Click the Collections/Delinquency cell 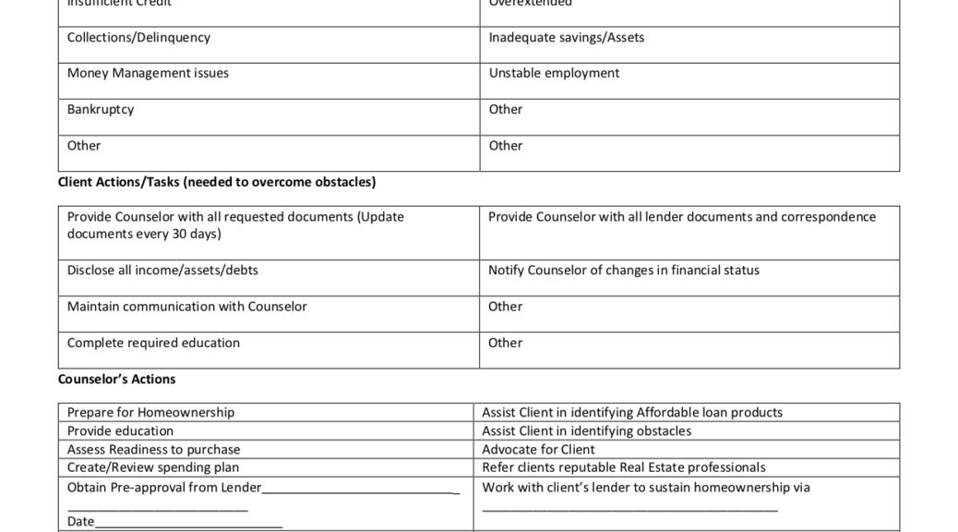pyautogui.click(x=138, y=38)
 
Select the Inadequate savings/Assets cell pyautogui.click(x=567, y=38)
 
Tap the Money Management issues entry pyautogui.click(x=148, y=74)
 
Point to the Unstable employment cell pyautogui.click(x=554, y=74)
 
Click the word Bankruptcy pyautogui.click(x=101, y=110)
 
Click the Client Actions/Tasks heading pyautogui.click(x=217, y=182)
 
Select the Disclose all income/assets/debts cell pyautogui.click(x=162, y=271)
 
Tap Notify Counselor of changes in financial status pyautogui.click(x=624, y=271)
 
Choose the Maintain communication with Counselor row pyautogui.click(x=187, y=307)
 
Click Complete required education pyautogui.click(x=153, y=344)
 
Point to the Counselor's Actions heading pyautogui.click(x=116, y=380)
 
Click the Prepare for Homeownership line pyautogui.click(x=150, y=413)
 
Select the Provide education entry pyautogui.click(x=120, y=431)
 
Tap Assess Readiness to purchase pyautogui.click(x=153, y=450)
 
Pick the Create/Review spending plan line pyautogui.click(x=153, y=468)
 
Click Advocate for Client pyautogui.click(x=538, y=450)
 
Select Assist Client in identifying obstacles pyautogui.click(x=586, y=431)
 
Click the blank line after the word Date pyautogui.click(x=188, y=524)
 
